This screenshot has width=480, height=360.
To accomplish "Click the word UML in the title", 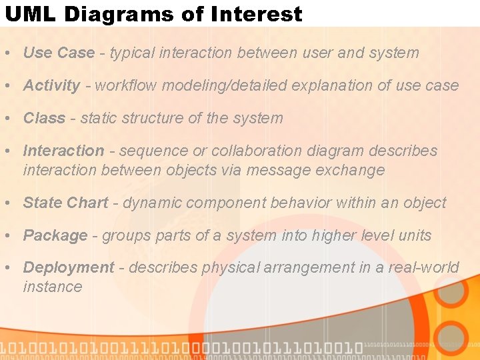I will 25,14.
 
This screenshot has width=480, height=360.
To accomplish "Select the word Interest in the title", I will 264,14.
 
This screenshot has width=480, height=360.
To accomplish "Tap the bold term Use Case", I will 59,53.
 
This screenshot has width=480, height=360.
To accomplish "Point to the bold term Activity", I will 52,85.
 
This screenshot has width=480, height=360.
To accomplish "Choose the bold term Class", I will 44,118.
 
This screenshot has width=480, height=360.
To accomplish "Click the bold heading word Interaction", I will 63,151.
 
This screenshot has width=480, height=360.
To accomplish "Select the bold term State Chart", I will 65,203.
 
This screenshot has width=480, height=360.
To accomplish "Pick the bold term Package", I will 55,235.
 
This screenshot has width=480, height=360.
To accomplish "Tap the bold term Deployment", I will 69,267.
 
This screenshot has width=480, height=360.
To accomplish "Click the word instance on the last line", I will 52,287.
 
